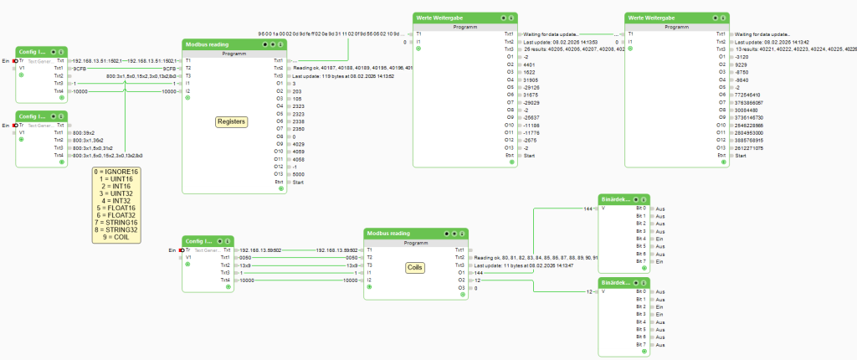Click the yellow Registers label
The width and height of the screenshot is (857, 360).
click(231, 121)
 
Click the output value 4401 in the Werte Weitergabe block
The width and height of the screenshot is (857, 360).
click(527, 64)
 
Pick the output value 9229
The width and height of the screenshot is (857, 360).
click(741, 64)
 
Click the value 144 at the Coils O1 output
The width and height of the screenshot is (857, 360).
click(479, 273)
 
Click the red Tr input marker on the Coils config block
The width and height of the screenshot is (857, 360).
click(182, 250)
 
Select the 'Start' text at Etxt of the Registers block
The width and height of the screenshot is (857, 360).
click(299, 182)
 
